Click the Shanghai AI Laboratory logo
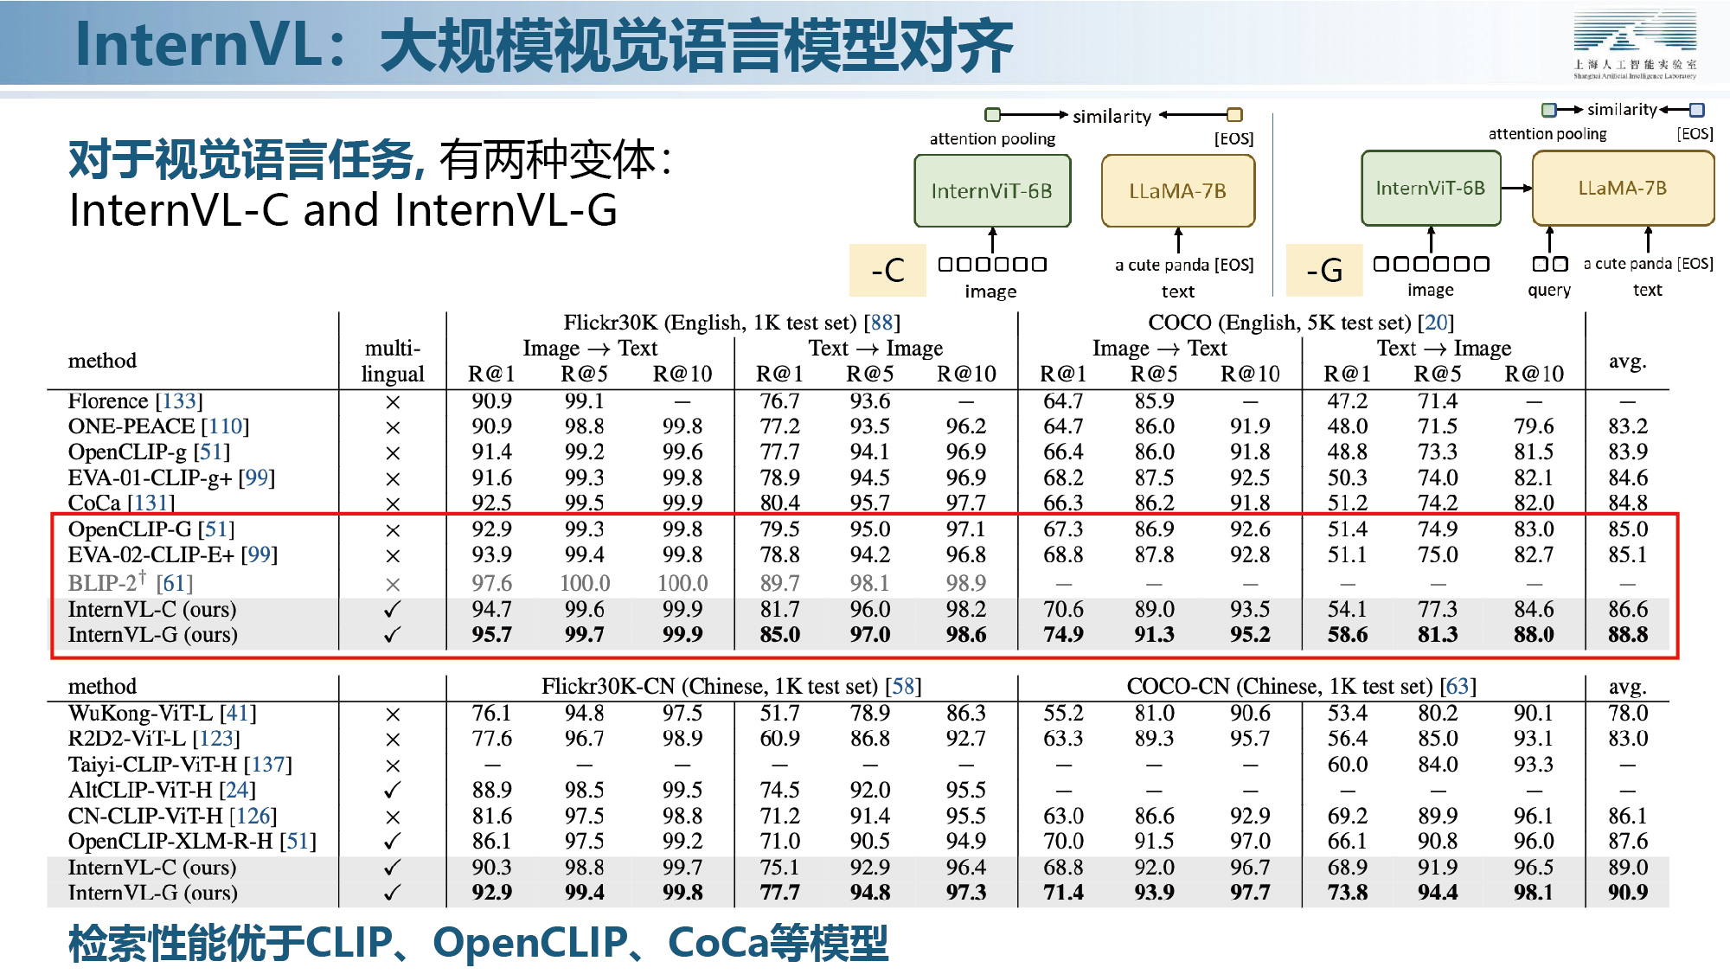pyautogui.click(x=1634, y=44)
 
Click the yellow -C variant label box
pyautogui.click(x=887, y=270)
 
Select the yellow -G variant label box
pyautogui.click(x=1324, y=270)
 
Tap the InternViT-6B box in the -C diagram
pyautogui.click(x=992, y=191)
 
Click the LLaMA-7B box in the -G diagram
pyautogui.click(x=1623, y=188)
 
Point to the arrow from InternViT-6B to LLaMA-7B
pyautogui.click(x=1516, y=188)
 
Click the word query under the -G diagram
pyautogui.click(x=1549, y=291)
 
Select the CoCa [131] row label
pyautogui.click(x=121, y=503)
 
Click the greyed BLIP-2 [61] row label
pyautogui.click(x=130, y=582)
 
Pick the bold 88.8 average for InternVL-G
pyautogui.click(x=1628, y=635)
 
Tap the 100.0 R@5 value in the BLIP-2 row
pyautogui.click(x=585, y=583)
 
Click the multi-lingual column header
pyautogui.click(x=393, y=361)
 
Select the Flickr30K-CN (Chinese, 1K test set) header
pyautogui.click(x=731, y=686)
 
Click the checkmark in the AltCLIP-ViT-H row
pyautogui.click(x=393, y=790)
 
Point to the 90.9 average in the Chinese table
pyautogui.click(x=1628, y=892)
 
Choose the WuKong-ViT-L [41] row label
pyautogui.click(x=162, y=713)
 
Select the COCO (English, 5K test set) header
pyautogui.click(x=1301, y=323)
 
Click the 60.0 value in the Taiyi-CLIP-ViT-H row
pyautogui.click(x=1348, y=765)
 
